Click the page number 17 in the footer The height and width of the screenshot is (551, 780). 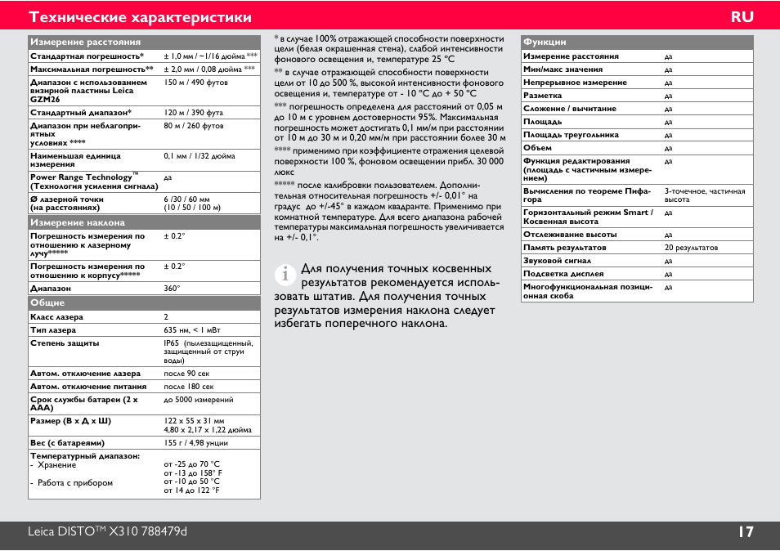click(745, 532)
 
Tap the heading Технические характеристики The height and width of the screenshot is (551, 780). click(140, 17)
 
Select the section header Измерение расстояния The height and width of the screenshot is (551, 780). click(86, 42)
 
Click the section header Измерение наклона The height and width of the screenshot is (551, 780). click(78, 222)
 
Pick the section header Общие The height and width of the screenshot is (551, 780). click(47, 302)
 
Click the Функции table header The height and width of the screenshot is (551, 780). click(545, 42)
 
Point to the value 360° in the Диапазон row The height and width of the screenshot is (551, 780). click(172, 289)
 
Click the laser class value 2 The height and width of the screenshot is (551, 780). click(166, 317)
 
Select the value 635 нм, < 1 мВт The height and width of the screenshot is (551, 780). click(192, 330)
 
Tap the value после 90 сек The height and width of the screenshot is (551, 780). click(186, 374)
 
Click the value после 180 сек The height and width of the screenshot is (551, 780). click(189, 387)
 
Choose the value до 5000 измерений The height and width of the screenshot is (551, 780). click(199, 400)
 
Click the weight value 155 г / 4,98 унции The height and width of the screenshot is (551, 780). click(196, 442)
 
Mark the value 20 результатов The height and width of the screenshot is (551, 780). click(691, 248)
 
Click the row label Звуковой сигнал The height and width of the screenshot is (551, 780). click(557, 261)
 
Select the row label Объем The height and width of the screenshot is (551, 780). click(537, 148)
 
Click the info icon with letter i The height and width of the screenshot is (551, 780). click(285, 275)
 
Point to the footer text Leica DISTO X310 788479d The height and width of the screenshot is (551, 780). click(107, 532)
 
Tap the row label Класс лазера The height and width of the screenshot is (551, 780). click(56, 317)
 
